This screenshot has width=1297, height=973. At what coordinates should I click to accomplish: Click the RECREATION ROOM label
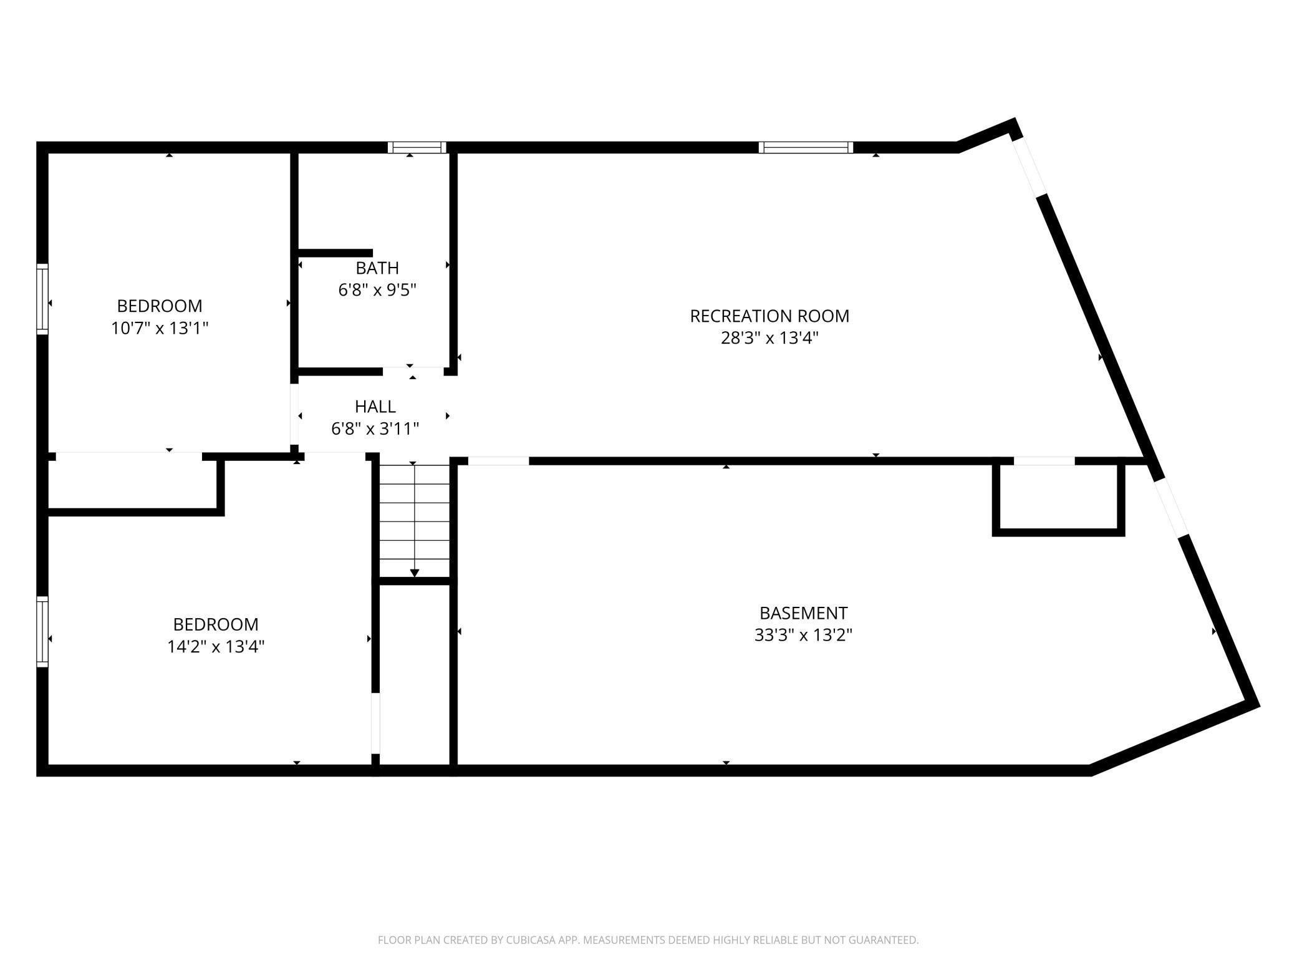(769, 316)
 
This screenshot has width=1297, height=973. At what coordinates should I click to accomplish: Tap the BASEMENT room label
(803, 613)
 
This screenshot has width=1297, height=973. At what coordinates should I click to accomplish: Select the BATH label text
(377, 268)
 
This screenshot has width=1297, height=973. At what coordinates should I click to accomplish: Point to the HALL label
(375, 407)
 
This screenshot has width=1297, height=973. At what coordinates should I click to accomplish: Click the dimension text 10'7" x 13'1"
(160, 328)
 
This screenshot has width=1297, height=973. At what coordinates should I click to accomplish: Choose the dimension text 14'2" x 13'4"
(216, 647)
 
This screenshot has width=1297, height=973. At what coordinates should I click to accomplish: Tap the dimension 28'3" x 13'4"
(769, 338)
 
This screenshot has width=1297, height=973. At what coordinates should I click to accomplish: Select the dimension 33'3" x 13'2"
(803, 635)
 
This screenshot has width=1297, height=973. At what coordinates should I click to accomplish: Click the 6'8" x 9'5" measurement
(377, 290)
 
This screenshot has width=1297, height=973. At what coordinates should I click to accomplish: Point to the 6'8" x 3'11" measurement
(375, 428)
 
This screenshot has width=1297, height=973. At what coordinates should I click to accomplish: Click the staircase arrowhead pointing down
(415, 573)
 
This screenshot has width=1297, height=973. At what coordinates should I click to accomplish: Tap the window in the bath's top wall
(417, 147)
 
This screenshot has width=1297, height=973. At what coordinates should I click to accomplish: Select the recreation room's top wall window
(806, 147)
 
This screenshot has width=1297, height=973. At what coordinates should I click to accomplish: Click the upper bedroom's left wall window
(42, 299)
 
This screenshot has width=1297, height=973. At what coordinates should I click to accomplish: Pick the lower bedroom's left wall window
(42, 632)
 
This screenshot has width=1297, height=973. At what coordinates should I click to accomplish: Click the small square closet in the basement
(1059, 497)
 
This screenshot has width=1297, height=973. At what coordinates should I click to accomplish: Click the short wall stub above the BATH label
(335, 253)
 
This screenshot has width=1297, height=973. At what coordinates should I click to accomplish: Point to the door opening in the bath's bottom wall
(413, 372)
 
